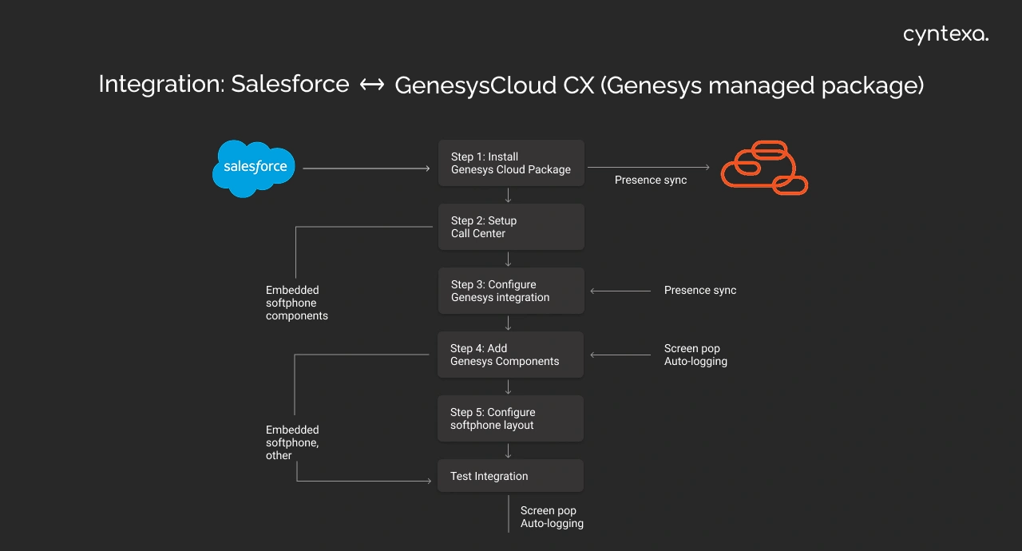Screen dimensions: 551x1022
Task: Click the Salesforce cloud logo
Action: coord(254,168)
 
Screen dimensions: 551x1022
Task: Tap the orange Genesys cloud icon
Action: coord(764,168)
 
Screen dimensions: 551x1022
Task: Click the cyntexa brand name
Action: coord(945,34)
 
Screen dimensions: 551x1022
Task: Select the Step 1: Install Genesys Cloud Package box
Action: coord(511,163)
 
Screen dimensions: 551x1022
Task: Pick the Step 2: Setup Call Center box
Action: coord(511,227)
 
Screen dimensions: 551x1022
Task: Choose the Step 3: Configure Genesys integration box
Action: coord(511,291)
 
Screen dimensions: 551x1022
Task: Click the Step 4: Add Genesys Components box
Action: coord(511,355)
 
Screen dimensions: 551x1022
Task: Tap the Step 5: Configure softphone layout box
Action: coord(511,418)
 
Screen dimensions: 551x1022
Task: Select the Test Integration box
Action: coord(511,476)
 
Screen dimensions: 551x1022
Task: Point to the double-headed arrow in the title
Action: coord(372,85)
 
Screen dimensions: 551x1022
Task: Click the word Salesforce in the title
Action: coord(290,84)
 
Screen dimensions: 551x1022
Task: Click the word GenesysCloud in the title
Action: coord(494,85)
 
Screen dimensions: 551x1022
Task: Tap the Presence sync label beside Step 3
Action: coord(700,291)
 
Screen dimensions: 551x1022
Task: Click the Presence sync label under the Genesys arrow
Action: coord(651,180)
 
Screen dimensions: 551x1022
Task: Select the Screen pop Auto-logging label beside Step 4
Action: coord(695,355)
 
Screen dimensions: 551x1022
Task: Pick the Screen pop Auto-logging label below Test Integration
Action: coord(552,517)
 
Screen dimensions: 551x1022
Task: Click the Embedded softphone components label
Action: coord(297,303)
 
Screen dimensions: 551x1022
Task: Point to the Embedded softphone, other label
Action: coord(292,442)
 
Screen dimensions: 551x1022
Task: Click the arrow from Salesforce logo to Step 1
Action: coord(366,168)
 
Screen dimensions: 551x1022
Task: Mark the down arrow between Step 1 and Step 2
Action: coord(509,195)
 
